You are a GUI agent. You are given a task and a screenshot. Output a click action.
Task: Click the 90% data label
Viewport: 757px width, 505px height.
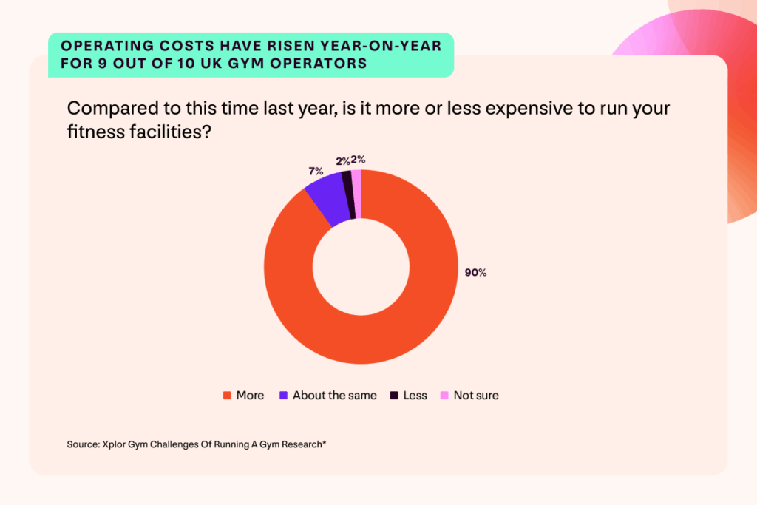[x=475, y=273]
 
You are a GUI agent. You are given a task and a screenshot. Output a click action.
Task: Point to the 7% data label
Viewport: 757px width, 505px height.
[x=315, y=172]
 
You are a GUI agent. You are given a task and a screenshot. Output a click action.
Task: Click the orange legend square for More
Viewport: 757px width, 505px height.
[x=227, y=396]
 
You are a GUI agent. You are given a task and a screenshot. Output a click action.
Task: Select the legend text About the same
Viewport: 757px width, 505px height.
[x=334, y=396]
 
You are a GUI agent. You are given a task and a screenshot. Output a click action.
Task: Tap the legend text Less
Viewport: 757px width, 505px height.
[x=415, y=396]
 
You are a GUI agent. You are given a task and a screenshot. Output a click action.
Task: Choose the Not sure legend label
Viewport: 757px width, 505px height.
[x=476, y=396]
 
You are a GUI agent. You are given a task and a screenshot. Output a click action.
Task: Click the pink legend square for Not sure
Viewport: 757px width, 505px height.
[x=444, y=396]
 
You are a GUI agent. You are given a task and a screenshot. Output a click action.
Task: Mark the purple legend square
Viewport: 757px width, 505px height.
[x=283, y=396]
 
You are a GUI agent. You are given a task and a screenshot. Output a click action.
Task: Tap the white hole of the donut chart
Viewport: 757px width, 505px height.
[x=361, y=267]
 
